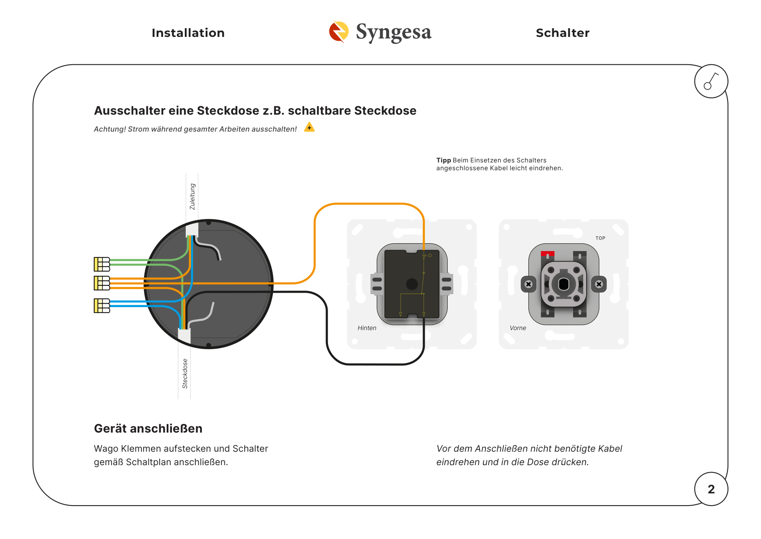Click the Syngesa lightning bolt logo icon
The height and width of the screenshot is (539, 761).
point(339,32)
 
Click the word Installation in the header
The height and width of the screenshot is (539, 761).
point(188,33)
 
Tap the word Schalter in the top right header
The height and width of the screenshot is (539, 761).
point(563,33)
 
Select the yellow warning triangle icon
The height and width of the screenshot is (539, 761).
point(309,127)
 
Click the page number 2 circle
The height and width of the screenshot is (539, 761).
point(711,489)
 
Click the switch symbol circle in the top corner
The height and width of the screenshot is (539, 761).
point(711,81)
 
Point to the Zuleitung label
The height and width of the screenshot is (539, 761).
point(193,196)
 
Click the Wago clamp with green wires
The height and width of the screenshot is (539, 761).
point(102,264)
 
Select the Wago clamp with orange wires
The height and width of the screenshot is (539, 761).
point(102,283)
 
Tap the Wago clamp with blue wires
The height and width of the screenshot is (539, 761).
point(102,306)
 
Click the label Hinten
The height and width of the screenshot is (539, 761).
point(367,328)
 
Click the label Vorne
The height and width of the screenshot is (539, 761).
point(518,328)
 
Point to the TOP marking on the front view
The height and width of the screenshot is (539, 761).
point(600,238)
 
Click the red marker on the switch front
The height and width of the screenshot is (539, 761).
point(548,254)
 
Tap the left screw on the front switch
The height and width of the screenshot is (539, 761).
point(528,284)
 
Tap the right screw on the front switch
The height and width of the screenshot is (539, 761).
point(599,284)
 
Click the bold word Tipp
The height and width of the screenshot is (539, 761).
point(444,160)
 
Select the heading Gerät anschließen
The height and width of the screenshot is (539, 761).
point(148,429)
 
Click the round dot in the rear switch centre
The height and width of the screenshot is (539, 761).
point(412,284)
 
